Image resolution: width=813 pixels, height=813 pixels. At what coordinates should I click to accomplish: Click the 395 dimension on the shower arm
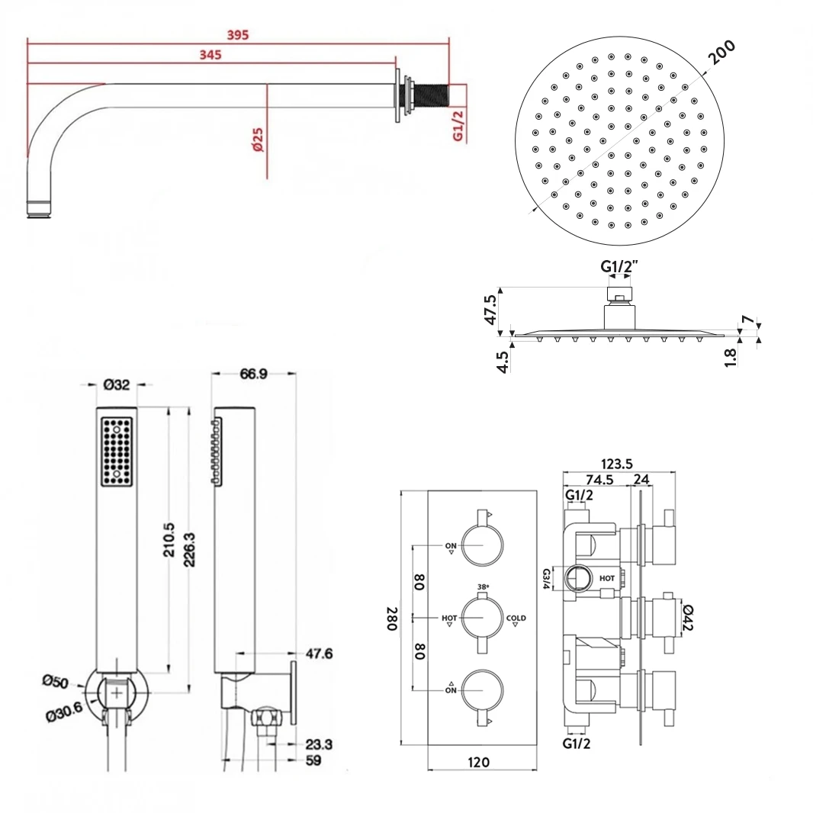(x=237, y=34)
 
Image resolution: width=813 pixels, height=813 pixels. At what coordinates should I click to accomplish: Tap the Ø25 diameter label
(x=258, y=139)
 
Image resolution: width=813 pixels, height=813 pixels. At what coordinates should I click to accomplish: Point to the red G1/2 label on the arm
(x=458, y=124)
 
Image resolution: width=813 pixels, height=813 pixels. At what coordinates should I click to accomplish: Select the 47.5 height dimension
(x=492, y=310)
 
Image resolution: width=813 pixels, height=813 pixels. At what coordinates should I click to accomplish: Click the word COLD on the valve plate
(x=516, y=617)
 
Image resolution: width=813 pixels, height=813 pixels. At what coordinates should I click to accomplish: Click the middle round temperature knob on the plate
(x=482, y=618)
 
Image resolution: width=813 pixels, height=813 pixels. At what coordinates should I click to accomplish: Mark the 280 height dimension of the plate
(x=390, y=618)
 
